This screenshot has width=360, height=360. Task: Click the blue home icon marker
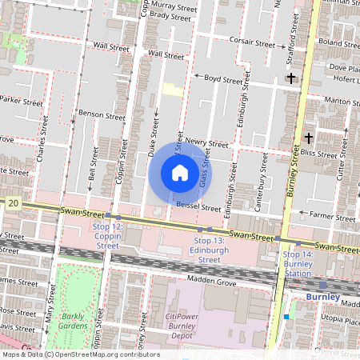tap(180, 172)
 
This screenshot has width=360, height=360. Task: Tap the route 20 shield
tap(13, 205)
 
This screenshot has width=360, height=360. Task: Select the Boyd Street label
tap(223, 80)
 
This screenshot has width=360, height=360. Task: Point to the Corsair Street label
tap(252, 41)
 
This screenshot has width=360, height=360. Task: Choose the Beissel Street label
tap(198, 206)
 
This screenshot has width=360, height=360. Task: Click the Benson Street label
tap(102, 115)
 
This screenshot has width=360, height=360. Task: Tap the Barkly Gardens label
tap(74, 321)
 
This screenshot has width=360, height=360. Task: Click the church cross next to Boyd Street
tap(290, 78)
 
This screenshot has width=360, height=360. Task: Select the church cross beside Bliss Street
tap(309, 138)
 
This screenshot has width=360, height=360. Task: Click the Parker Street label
tap(21, 102)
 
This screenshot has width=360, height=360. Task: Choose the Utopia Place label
tap(339, 319)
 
